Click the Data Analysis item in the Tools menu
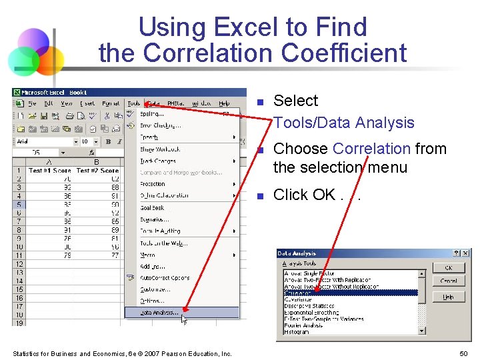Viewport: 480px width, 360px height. (x=160, y=312)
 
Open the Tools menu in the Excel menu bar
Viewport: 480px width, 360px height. (x=134, y=103)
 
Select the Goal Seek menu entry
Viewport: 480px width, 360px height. (x=152, y=207)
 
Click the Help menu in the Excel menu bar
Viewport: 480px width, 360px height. (x=225, y=103)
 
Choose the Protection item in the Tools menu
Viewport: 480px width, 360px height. (x=153, y=184)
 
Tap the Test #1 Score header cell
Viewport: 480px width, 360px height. (x=49, y=171)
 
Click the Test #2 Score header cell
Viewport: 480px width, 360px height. (x=97, y=171)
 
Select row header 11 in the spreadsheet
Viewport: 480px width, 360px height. (x=19, y=255)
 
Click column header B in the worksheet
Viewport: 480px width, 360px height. (x=97, y=162)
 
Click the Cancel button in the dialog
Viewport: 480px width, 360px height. (x=448, y=281)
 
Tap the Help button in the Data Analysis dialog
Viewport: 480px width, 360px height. (x=448, y=297)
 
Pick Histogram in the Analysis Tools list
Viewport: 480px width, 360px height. (x=297, y=331)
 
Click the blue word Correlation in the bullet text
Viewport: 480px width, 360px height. (x=371, y=149)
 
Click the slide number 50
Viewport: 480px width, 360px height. (x=463, y=353)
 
